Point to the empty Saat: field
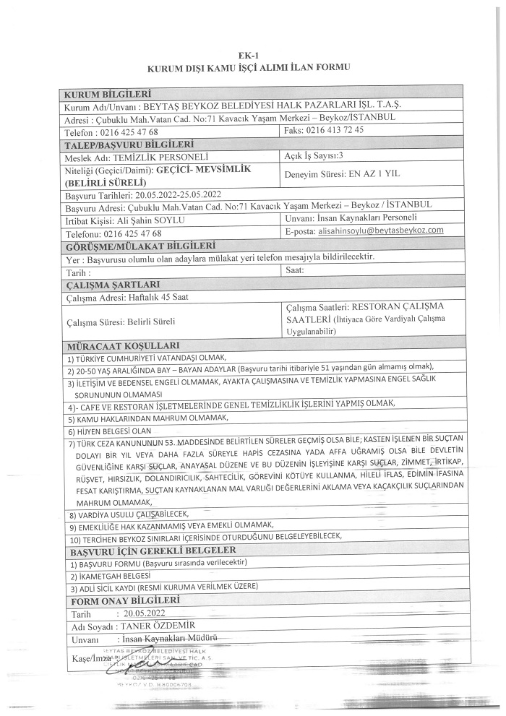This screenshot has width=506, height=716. [296, 271]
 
